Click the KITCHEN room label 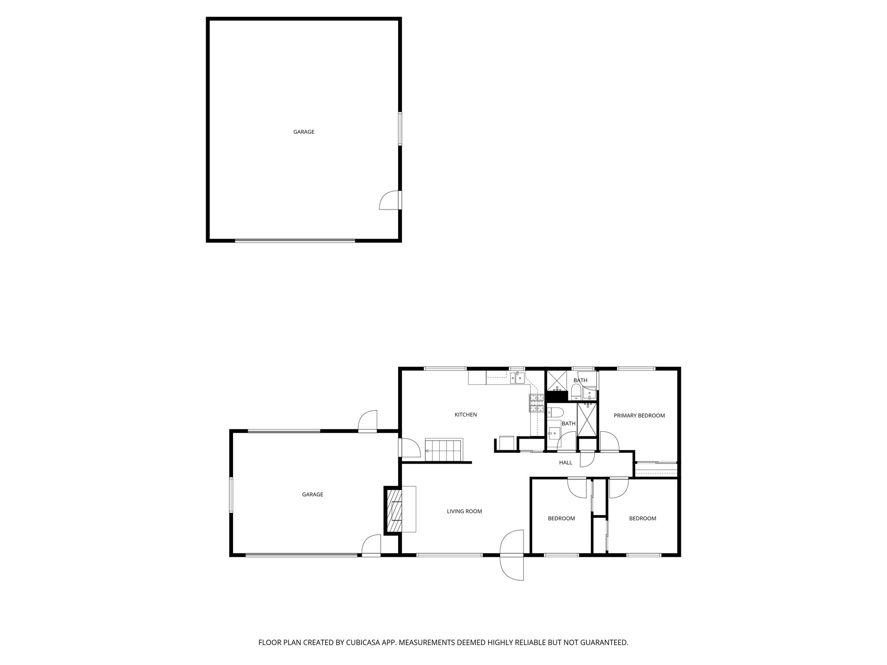click(466, 415)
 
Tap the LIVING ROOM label click(464, 511)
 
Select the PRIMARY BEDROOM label click(639, 416)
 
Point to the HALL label click(566, 462)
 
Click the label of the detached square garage click(304, 132)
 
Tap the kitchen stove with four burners click(537, 403)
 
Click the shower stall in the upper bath click(556, 381)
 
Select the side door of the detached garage click(390, 200)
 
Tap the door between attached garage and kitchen click(409, 448)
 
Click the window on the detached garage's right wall click(400, 129)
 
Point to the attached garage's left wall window click(231, 495)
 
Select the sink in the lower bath click(554, 433)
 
